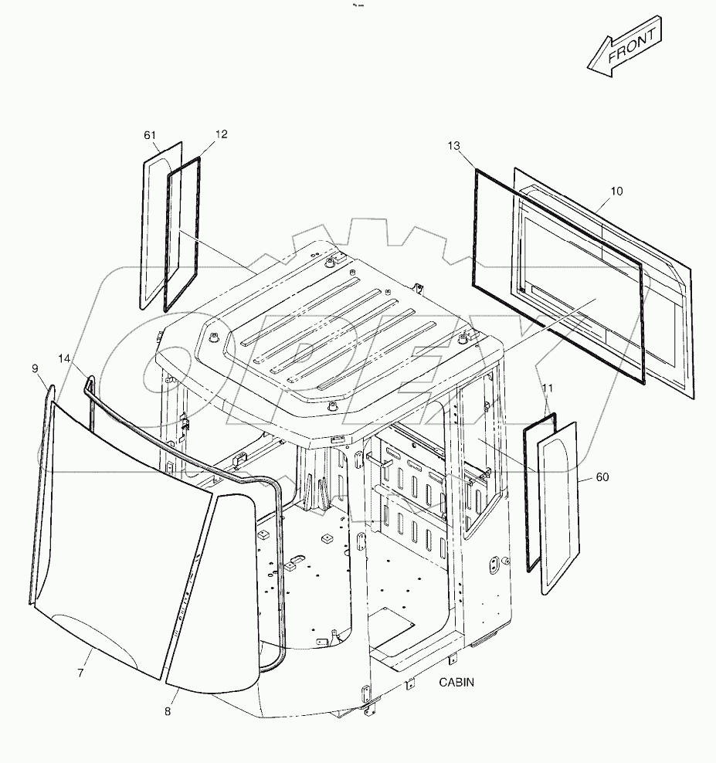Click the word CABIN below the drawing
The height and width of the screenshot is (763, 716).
tap(456, 682)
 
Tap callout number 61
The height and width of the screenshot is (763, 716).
tap(150, 134)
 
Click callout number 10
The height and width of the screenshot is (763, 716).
tap(616, 191)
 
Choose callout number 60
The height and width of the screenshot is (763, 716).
tap(602, 477)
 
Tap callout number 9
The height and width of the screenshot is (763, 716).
tap(36, 369)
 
